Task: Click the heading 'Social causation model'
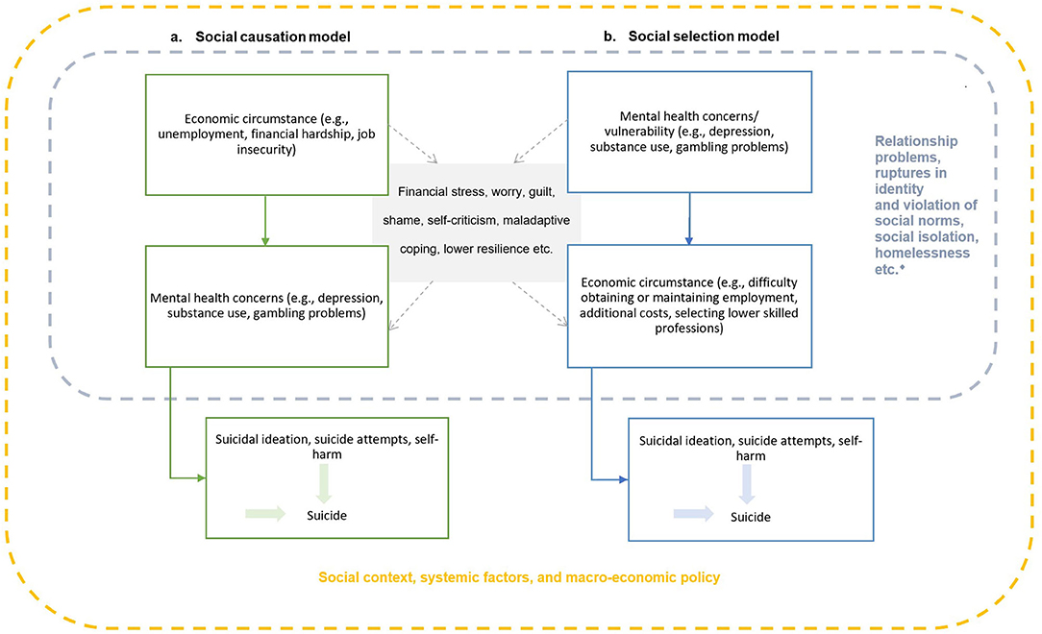point(272,37)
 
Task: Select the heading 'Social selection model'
point(704,37)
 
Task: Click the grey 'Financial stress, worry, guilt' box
point(476,220)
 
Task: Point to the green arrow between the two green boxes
point(265,220)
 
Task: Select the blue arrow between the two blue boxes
point(689,219)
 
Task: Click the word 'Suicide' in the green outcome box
point(327,515)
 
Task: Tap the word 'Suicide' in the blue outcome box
point(751,517)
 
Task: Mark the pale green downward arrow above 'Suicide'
point(324,483)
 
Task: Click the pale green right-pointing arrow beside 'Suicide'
point(265,513)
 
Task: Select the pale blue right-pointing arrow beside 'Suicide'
point(693,514)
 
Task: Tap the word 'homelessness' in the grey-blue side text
point(922,253)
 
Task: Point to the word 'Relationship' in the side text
point(916,141)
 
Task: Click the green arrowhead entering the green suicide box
point(201,478)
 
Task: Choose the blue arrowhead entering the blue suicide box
point(623,479)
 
